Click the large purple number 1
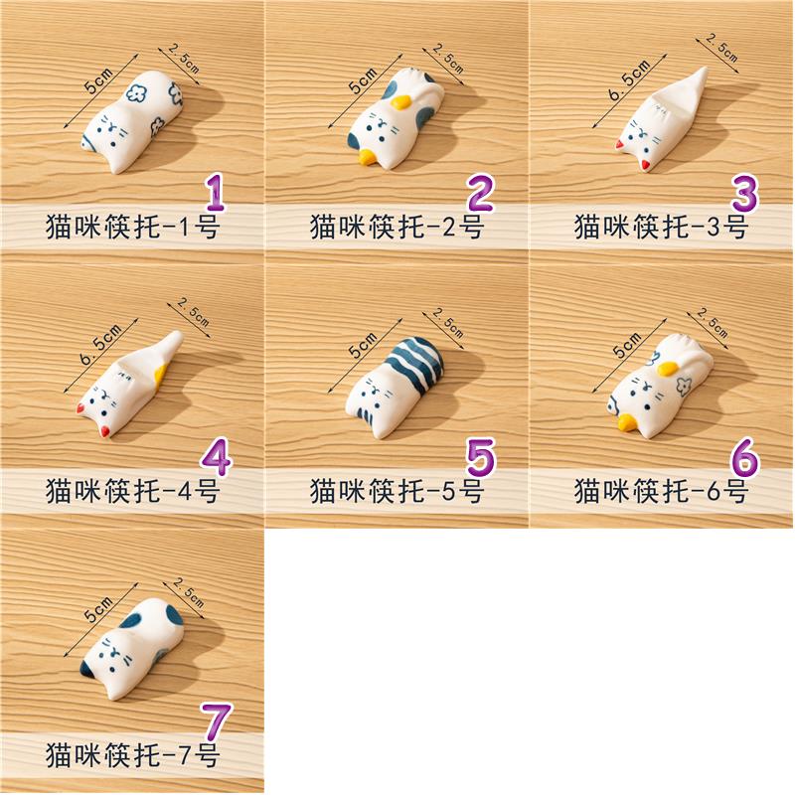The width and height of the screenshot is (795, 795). click(x=215, y=192)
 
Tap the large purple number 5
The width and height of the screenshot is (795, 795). click(x=480, y=457)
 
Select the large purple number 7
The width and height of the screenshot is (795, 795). click(x=217, y=721)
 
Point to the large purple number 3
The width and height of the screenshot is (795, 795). click(x=745, y=193)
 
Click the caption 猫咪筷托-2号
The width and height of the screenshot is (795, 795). click(x=396, y=227)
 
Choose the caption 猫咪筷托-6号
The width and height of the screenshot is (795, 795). click(x=661, y=491)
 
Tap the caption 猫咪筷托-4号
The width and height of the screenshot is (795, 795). click(x=132, y=491)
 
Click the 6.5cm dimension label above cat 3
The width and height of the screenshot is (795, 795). click(x=629, y=79)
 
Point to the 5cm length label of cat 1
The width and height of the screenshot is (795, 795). click(x=98, y=79)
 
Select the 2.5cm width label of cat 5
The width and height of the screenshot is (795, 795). click(x=448, y=323)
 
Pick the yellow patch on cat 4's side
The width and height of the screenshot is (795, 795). click(x=161, y=375)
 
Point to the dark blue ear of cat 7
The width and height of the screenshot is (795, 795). click(x=88, y=670)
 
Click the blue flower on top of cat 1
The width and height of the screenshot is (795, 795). click(x=136, y=92)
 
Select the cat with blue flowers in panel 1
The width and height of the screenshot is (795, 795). click(x=132, y=120)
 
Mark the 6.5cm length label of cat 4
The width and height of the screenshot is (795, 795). click(x=101, y=344)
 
